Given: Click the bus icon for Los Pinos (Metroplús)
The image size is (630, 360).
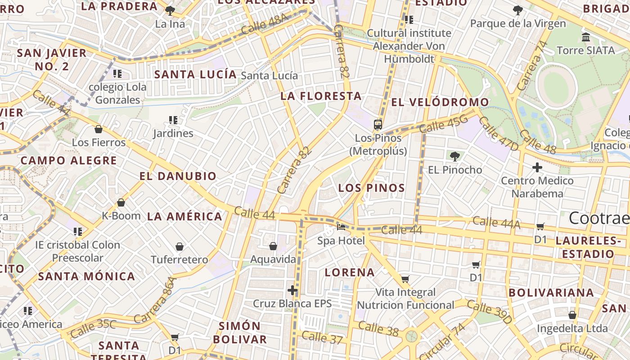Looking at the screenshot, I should tap(378, 125).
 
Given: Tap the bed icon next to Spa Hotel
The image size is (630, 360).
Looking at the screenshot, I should tap(341, 227).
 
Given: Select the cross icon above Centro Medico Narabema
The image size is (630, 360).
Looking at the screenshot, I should tap(537, 167).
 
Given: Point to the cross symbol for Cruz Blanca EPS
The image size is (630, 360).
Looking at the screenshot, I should tap(292, 290).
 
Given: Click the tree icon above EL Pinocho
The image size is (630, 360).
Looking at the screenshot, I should tap(454, 157).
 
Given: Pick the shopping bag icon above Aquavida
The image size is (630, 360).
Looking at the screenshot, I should tap(273, 246).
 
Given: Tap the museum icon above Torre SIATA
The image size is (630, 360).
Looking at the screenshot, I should tap(585, 37).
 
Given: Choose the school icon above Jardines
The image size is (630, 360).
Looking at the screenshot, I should tap(173, 120).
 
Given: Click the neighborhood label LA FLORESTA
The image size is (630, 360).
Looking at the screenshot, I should tap(321, 96).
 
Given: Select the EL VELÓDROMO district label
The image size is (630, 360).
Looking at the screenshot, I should tap(440, 102).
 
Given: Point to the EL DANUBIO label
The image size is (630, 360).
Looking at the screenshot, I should tap(178, 176).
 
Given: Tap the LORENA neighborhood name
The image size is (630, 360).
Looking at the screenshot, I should tap(350, 272).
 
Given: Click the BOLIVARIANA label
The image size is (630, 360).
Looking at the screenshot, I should tap(551, 292).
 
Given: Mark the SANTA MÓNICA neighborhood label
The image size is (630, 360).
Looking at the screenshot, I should tap(86, 276).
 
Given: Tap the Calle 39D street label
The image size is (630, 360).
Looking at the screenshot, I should tap(490, 312).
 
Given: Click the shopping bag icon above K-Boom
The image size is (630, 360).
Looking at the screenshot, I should tap(121, 203).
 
